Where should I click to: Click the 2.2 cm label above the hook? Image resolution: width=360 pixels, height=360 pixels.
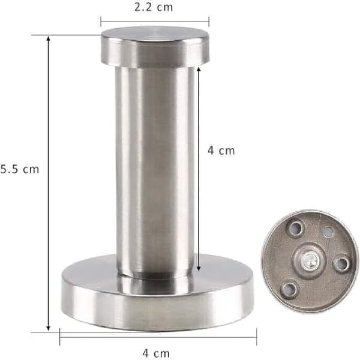154,7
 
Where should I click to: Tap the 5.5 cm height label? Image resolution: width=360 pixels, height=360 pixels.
20,169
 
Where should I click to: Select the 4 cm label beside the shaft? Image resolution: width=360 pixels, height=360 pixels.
221,151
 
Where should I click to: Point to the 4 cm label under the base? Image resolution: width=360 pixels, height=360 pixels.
156,353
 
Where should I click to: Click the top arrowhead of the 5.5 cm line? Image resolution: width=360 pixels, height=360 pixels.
48,39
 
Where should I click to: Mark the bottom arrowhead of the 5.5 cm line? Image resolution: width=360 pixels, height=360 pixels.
48,328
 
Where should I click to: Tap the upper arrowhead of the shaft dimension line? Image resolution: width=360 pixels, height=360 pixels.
199,70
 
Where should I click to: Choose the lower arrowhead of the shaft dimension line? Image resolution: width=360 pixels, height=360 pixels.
199,268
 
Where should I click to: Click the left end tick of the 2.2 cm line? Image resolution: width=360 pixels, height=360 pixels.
101,22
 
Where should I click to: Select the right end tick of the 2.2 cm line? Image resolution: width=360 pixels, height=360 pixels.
209,22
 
